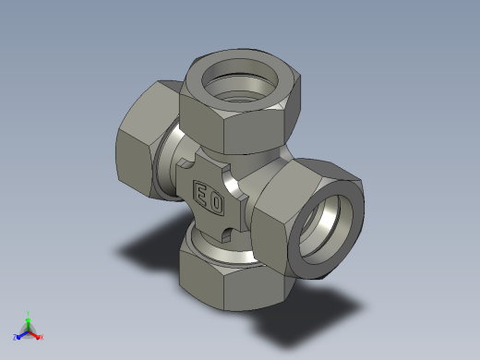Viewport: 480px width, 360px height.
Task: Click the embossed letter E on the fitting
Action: coord(201,195)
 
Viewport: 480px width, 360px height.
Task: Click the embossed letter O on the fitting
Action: coord(217,203)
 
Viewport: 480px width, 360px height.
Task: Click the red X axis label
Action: coord(42,337)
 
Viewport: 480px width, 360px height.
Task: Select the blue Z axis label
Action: coord(15,337)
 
